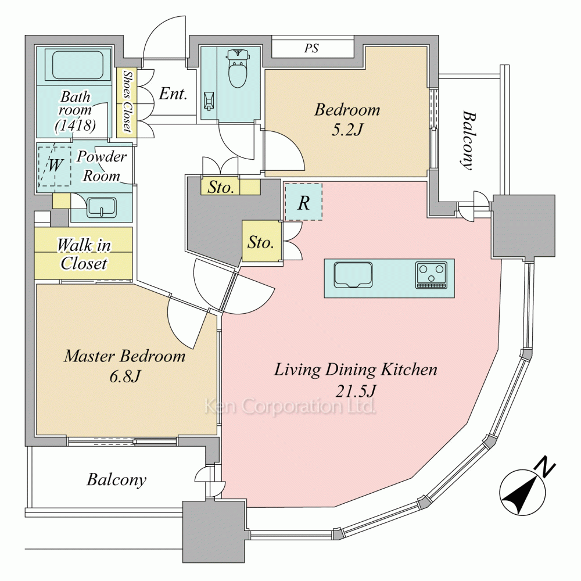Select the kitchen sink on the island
coord(353,274)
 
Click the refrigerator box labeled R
coord(303,202)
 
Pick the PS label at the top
coord(312,48)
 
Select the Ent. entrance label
coord(173,94)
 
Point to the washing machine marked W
coord(54,166)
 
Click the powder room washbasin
coord(101,207)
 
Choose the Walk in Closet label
coord(84,254)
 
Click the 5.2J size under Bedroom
coord(347,130)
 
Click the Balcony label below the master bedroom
coord(116,480)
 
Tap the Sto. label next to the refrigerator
coord(261,242)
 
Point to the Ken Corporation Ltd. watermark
coord(289,406)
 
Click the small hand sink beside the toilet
coord(209,102)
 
